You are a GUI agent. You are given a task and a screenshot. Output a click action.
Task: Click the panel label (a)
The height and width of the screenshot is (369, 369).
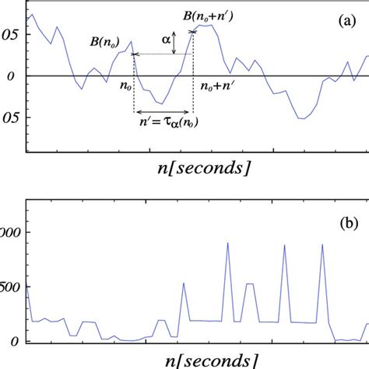click(x=346, y=23)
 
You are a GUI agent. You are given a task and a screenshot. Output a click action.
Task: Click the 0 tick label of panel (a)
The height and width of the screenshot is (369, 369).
click(x=9, y=76)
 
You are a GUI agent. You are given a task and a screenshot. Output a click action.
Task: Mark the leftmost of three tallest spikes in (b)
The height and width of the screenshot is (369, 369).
click(x=227, y=244)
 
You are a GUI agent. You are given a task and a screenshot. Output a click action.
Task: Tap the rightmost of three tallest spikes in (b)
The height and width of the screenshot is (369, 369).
click(x=322, y=245)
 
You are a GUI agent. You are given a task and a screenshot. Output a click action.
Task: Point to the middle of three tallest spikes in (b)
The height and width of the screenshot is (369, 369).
click(x=284, y=246)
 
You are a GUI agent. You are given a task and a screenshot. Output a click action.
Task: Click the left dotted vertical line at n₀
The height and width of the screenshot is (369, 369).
click(x=133, y=90)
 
